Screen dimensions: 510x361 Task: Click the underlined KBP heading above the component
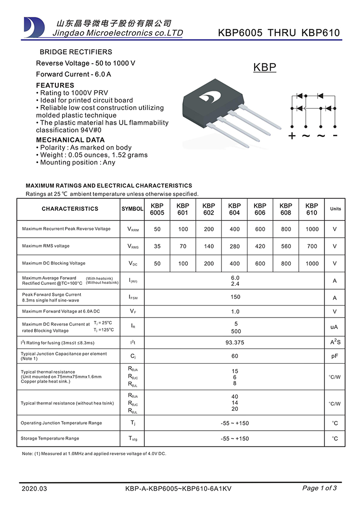tap(265, 67)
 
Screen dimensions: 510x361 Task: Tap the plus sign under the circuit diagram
tap(292, 136)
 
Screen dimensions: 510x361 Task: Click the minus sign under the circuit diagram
tap(335, 135)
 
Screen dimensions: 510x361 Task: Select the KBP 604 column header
tap(234, 209)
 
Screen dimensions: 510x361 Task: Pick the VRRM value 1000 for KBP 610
tap(312, 229)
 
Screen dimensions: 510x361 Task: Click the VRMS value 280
tap(234, 246)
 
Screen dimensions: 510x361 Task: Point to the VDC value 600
tap(260, 264)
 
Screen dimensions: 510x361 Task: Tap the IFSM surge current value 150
tap(235, 297)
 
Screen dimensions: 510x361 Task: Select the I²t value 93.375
tap(235, 343)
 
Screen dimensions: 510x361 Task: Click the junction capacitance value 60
tap(235, 357)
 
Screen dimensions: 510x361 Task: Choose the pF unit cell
tap(335, 357)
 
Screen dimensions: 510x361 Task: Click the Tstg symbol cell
tap(132, 439)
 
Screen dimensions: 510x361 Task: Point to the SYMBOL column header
tap(132, 209)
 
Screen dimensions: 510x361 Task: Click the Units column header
tap(335, 209)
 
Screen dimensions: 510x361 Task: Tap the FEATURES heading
tap(55, 85)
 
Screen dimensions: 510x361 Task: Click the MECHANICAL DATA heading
tap(70, 140)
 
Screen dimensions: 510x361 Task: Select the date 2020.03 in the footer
tap(35, 489)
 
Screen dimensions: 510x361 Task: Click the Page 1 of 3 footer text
tap(319, 488)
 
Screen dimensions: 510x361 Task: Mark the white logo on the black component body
tap(208, 98)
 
